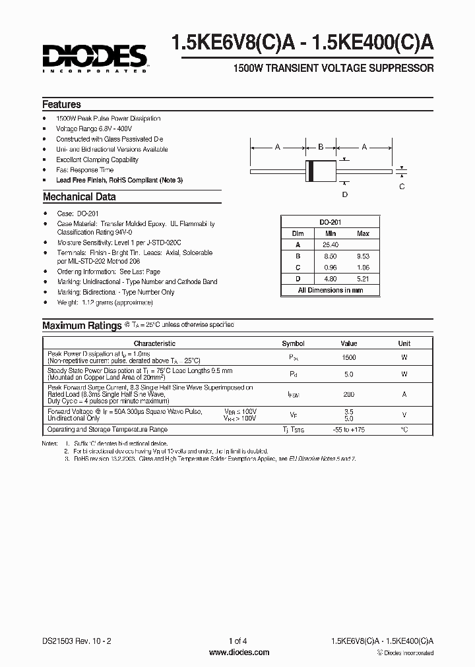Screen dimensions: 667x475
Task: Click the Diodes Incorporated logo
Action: click(x=94, y=57)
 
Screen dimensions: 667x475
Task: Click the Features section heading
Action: click(x=61, y=105)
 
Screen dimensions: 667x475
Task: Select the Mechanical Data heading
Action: click(x=79, y=196)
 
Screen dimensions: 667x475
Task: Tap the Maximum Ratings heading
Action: click(x=82, y=326)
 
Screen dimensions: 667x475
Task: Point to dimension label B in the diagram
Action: click(x=321, y=147)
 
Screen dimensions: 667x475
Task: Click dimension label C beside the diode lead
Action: click(x=402, y=187)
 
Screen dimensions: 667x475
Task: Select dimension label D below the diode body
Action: click(x=344, y=194)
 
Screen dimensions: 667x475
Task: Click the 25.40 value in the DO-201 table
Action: click(x=331, y=245)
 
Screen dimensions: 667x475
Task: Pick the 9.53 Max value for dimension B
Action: click(x=363, y=256)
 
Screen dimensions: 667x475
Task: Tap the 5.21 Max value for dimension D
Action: click(x=363, y=278)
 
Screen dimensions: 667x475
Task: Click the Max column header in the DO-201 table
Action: click(x=363, y=233)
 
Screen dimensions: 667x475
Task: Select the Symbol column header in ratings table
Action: click(x=293, y=343)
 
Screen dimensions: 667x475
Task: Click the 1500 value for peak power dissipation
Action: click(x=349, y=357)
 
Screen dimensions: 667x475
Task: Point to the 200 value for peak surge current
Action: click(x=349, y=394)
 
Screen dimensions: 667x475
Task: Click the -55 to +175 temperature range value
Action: click(x=349, y=430)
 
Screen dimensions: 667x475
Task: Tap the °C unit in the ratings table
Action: click(x=404, y=430)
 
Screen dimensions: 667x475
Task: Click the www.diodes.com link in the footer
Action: click(x=238, y=652)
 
